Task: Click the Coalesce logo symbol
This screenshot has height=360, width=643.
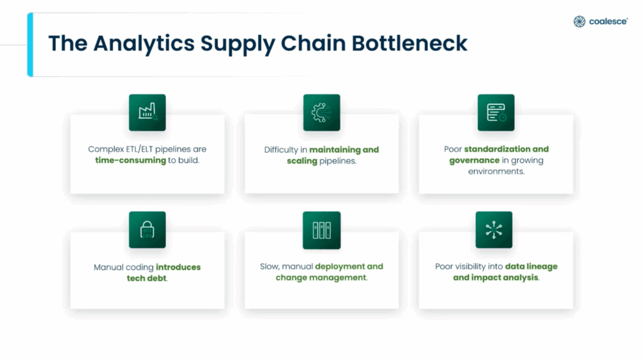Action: pos(579,22)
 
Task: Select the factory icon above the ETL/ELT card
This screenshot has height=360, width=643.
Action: pos(147,112)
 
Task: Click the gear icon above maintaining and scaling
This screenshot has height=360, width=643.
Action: pos(321,112)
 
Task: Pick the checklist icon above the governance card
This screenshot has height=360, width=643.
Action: pos(495,112)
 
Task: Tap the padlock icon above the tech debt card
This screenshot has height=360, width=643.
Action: pos(147,229)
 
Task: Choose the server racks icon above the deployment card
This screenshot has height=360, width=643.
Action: pos(321,229)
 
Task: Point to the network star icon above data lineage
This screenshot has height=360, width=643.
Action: pos(494,229)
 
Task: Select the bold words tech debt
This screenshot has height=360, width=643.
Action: pos(147,278)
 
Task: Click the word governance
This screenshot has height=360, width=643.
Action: pos(474,160)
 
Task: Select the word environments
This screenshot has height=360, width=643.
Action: pos(495,171)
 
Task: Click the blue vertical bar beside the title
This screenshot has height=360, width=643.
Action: pos(30,44)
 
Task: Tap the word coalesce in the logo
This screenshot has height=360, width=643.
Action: pos(608,22)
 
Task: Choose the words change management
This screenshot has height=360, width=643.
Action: pos(321,278)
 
